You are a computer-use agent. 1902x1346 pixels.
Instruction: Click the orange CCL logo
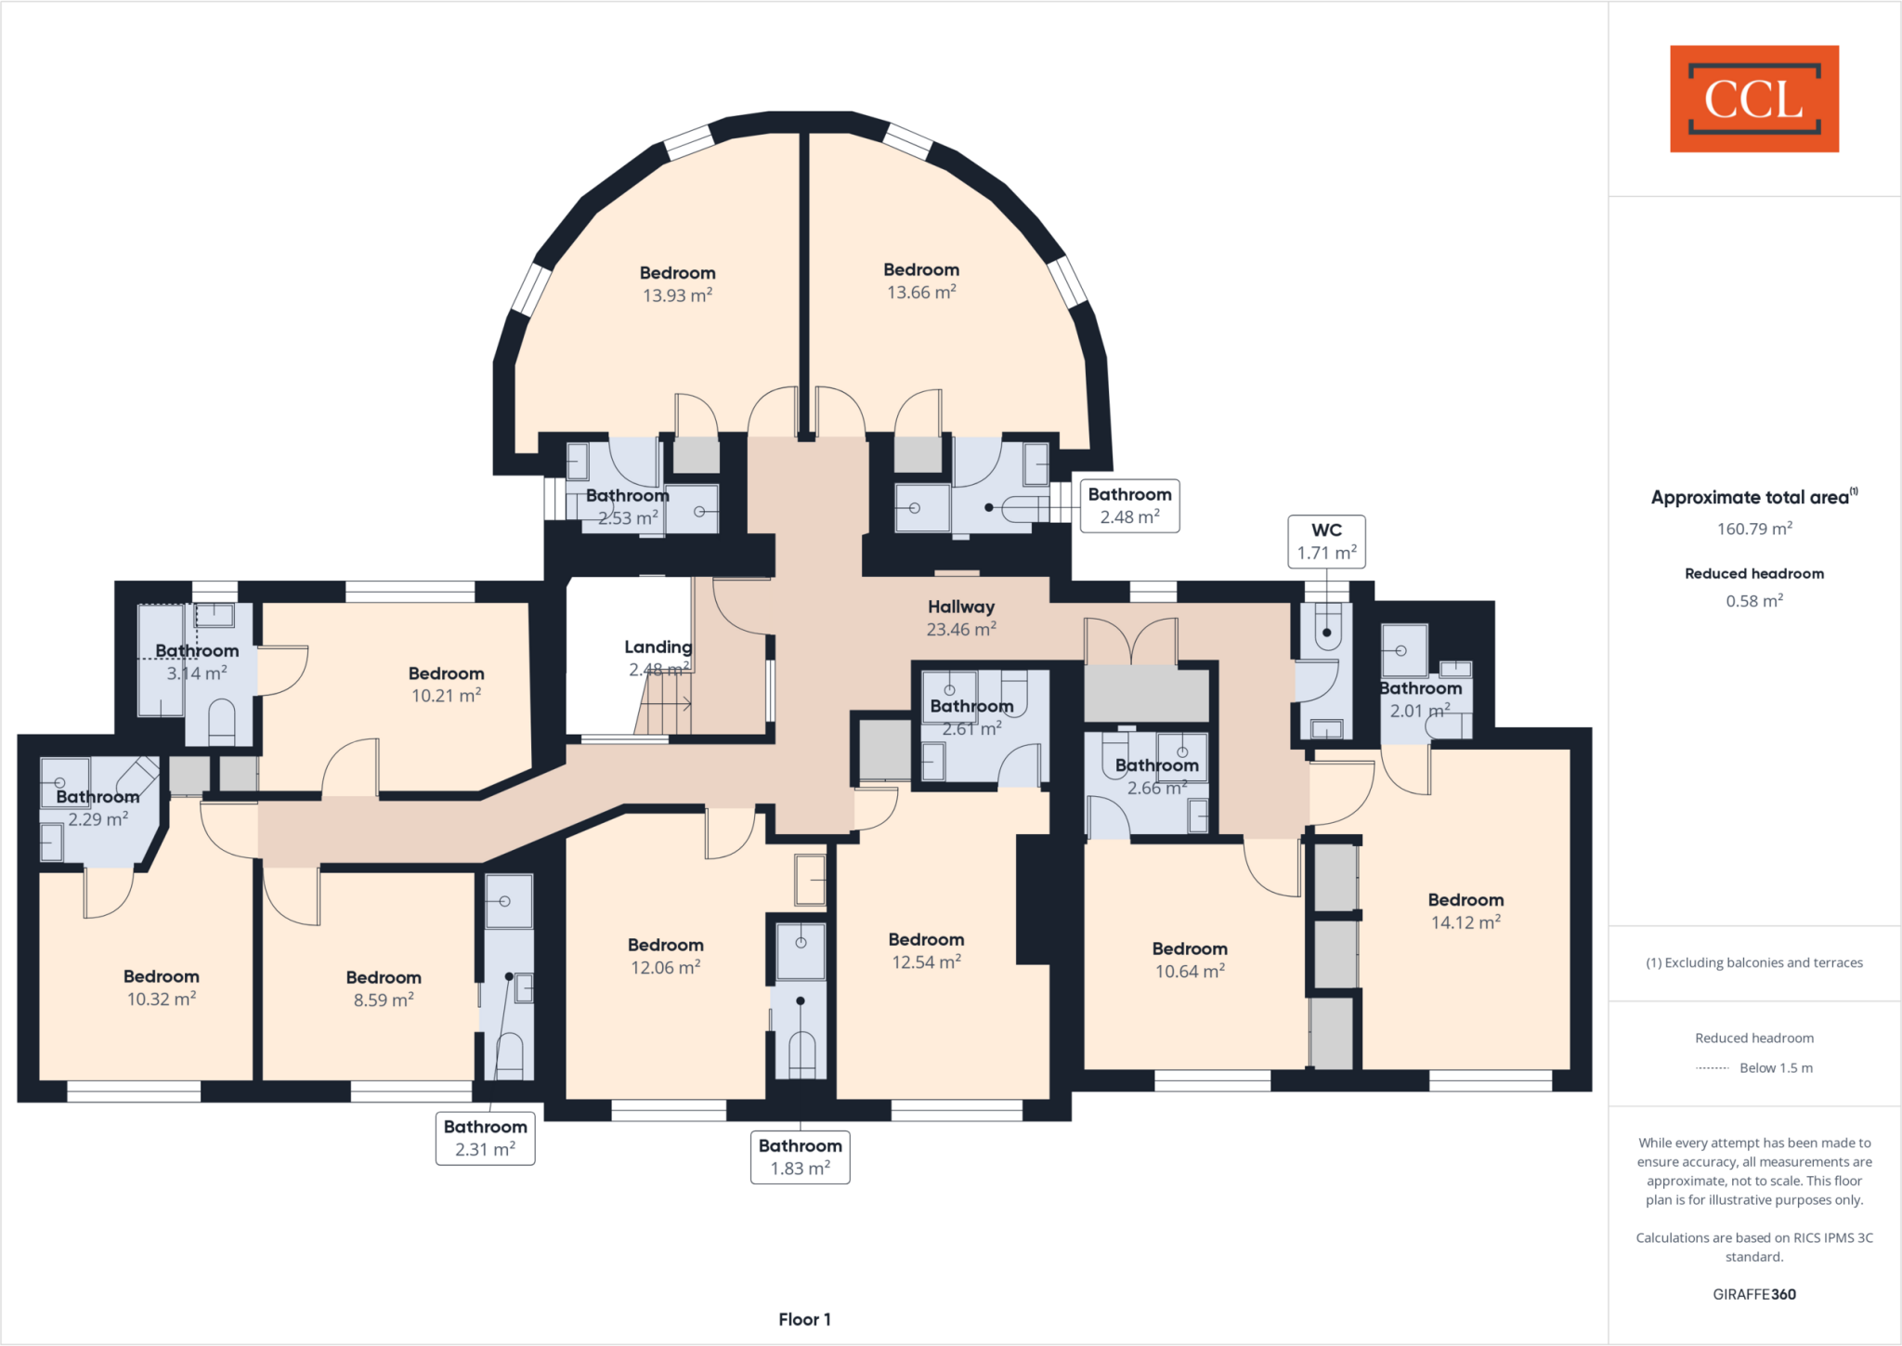[1753, 98]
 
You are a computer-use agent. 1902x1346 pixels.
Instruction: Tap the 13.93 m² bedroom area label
[677, 295]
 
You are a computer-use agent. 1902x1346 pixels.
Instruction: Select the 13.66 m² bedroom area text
[920, 293]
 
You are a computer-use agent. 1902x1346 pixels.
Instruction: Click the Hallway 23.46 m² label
[961, 618]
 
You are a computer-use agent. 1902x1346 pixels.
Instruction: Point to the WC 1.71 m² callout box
[1325, 542]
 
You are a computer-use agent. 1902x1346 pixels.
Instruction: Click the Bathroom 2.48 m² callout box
[1129, 506]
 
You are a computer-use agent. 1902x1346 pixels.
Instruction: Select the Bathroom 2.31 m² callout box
[485, 1138]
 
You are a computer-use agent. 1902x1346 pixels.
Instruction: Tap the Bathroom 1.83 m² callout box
[800, 1157]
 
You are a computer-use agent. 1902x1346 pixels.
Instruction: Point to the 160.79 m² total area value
[1753, 529]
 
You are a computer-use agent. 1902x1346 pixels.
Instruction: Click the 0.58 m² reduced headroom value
[1753, 601]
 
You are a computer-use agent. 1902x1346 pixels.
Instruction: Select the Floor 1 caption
[804, 1319]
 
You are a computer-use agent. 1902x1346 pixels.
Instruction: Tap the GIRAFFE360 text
[1753, 1294]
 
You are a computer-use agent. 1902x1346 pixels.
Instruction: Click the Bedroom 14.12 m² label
[1465, 910]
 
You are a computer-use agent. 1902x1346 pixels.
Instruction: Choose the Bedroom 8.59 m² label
[383, 988]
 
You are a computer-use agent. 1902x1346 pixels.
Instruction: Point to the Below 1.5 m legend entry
[1754, 1068]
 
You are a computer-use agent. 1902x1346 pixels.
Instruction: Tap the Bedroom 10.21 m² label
[446, 684]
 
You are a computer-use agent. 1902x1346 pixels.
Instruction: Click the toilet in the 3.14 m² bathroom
[221, 722]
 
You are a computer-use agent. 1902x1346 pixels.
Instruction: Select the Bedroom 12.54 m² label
[926, 950]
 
